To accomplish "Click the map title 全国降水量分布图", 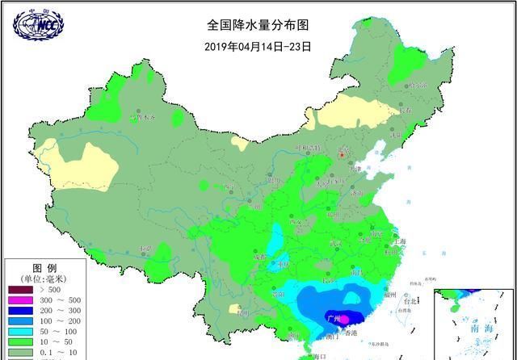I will (x=258, y=27).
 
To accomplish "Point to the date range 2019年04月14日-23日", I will (x=258, y=46).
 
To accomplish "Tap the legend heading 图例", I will (x=44, y=267).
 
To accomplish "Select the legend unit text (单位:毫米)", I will (x=44, y=278).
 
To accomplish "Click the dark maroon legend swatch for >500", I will (x=21, y=290).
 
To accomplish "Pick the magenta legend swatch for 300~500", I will (x=21, y=301).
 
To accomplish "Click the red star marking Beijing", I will (x=341, y=152).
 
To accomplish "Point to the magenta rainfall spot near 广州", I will (x=343, y=319).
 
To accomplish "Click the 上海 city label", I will (x=397, y=241).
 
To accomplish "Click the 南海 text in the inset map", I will (x=481, y=329).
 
